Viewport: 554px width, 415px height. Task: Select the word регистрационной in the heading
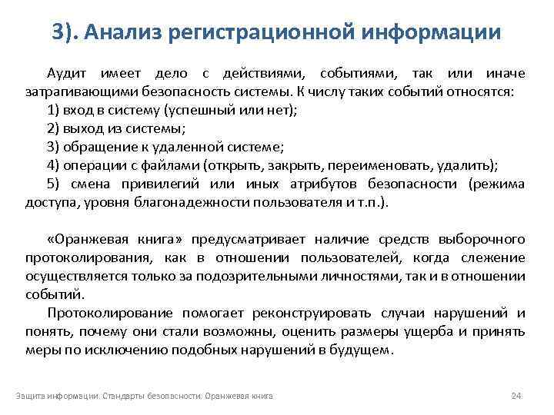tap(266, 32)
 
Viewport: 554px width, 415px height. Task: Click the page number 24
tap(516, 396)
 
